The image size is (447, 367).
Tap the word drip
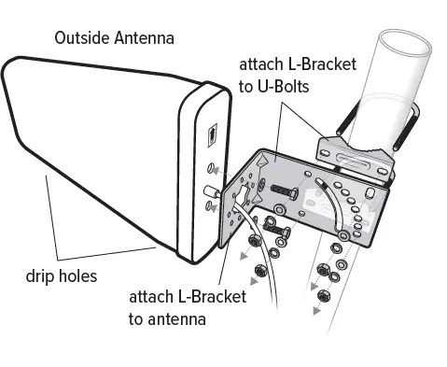click(38, 276)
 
